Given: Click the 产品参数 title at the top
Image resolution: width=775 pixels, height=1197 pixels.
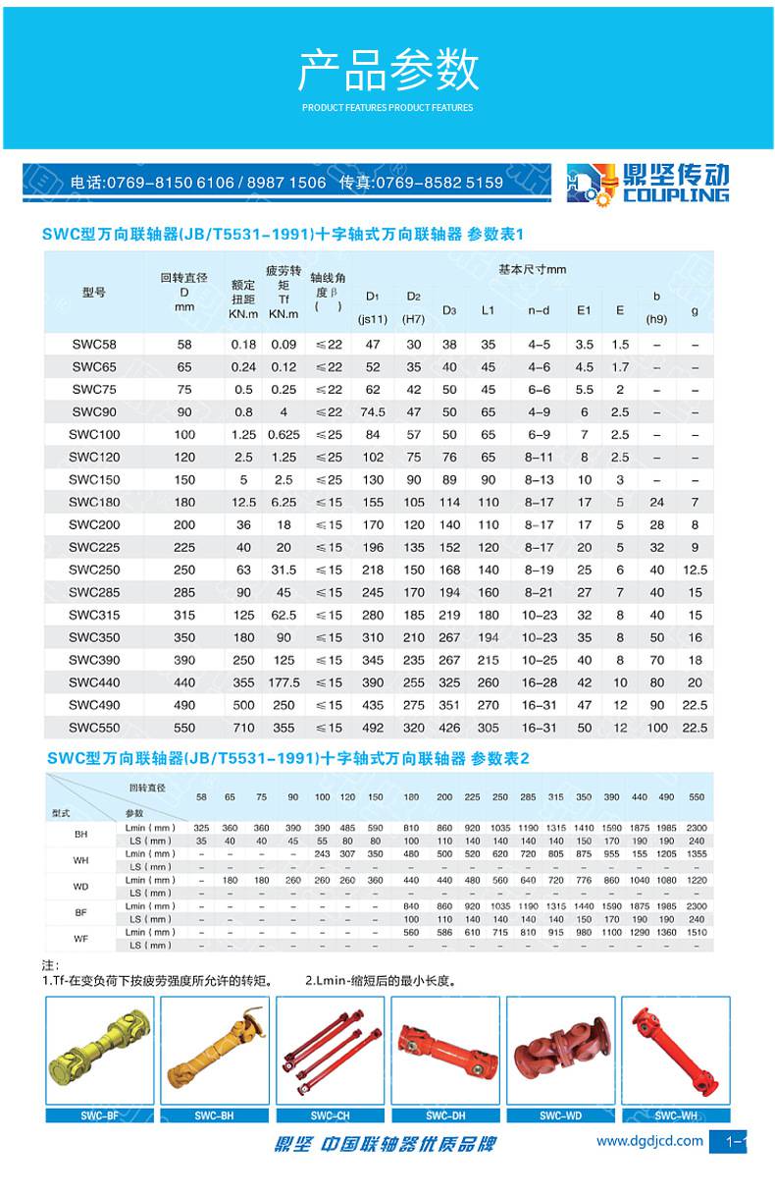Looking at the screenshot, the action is tap(387, 71).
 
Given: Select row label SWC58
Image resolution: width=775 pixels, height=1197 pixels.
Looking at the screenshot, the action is tap(93, 345).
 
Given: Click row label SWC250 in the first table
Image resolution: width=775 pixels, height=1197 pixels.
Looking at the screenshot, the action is tap(93, 570).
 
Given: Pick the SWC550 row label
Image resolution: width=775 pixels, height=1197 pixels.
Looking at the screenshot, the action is tap(93, 728).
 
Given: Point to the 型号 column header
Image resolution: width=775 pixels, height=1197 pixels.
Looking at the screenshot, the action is tap(93, 293).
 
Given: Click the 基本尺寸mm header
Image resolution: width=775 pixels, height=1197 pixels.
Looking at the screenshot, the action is tap(532, 269).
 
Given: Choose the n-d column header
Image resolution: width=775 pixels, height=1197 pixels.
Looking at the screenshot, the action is tap(539, 310).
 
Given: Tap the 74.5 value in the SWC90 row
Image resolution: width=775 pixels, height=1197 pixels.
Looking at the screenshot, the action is tap(372, 412).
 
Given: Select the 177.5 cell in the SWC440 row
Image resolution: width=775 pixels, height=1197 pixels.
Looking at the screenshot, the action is tap(284, 682).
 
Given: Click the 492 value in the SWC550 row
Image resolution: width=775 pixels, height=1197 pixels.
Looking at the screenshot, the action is tap(372, 728).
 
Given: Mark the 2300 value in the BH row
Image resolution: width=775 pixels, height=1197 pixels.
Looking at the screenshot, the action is tap(697, 828).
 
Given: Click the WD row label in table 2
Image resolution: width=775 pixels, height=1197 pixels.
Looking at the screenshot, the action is tap(80, 886).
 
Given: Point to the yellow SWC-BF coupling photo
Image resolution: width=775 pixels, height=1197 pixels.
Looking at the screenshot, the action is tap(100, 1051).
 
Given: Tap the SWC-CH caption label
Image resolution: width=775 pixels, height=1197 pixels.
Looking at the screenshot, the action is tap(330, 1115).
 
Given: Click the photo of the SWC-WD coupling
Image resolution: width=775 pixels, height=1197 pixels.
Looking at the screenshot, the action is tap(561, 1051).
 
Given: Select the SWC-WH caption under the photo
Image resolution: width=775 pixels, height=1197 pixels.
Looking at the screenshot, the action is tap(676, 1115).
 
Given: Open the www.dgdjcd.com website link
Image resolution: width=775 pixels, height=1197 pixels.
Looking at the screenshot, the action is tap(649, 1141).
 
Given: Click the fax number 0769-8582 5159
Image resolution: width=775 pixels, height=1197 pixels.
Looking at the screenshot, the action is tap(445, 183).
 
